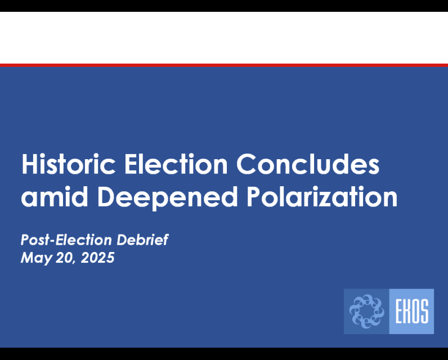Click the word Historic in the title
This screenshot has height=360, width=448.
68,164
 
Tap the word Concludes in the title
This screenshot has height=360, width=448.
308,164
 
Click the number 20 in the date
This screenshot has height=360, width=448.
61,258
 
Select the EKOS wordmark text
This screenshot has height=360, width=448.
411,311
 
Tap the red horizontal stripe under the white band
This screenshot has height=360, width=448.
224,65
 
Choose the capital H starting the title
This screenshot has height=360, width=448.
29,164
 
